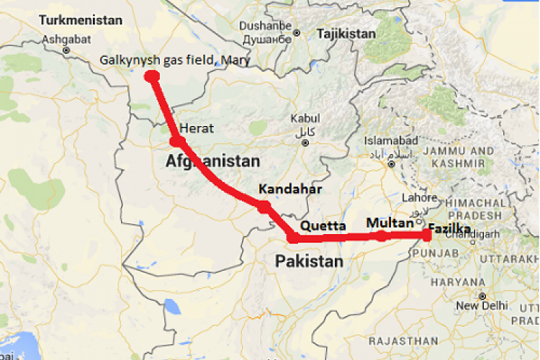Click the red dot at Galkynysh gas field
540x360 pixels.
(152, 76)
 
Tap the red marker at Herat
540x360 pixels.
(176, 140)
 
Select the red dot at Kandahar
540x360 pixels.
(264, 206)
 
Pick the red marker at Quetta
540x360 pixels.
(293, 238)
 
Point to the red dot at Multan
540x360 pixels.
(380, 235)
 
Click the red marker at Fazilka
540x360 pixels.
(428, 234)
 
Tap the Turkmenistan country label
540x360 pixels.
(81, 20)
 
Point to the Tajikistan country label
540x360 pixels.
(346, 34)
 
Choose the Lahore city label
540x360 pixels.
(420, 198)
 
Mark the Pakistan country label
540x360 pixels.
(310, 261)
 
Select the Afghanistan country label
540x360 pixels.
(212, 161)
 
